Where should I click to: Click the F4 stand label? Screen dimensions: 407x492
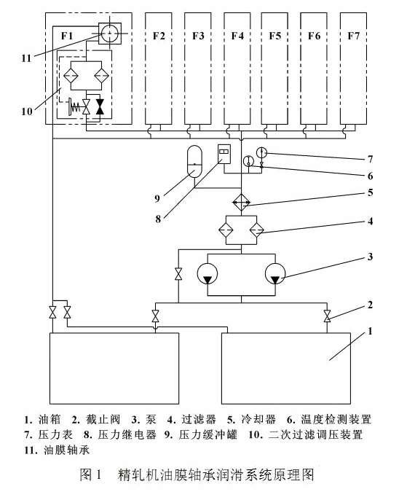pos(237,36)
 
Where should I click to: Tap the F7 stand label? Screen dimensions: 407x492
pos(353,36)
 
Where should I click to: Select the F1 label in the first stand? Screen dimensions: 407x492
pos(67,36)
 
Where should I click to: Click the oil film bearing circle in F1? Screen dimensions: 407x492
pos(110,34)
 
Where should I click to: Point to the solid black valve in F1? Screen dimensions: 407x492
pos(100,106)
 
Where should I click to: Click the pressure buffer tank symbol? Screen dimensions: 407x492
pos(194,160)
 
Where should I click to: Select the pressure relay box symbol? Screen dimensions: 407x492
pos(224,154)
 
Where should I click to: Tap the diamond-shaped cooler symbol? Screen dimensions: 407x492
pos(241,203)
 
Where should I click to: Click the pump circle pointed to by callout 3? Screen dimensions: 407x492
pos(275,273)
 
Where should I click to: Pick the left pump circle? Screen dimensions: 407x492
pos(208,273)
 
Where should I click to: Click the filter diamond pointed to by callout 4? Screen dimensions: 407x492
pos(256,230)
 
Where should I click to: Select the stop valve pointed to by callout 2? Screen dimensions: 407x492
pos(327,316)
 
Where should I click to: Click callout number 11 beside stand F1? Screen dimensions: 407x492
pos(27,58)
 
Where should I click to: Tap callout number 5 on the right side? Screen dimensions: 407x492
pos(371,192)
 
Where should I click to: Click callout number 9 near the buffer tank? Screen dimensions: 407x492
pos(157,198)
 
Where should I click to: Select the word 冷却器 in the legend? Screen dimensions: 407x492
pos(258,419)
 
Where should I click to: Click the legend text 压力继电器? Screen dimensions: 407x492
pos(127,434)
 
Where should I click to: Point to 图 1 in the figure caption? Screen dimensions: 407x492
pos(90,475)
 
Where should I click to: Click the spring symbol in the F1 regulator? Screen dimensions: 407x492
pos(75,107)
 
